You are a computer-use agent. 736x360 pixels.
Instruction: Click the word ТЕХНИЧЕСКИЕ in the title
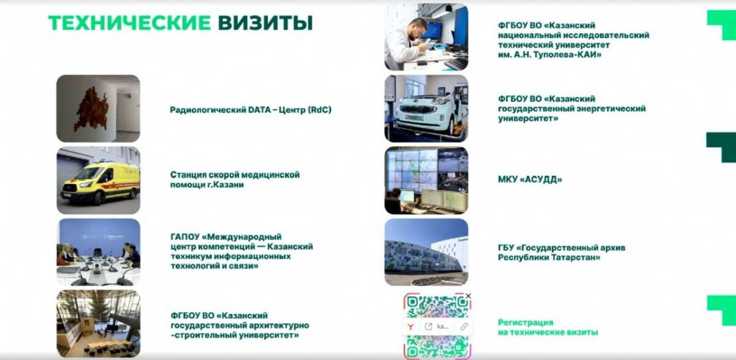pos(129,23)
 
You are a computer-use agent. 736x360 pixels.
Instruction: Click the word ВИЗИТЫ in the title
pos(265,23)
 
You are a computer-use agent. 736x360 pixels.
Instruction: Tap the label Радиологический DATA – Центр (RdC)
pos(250,110)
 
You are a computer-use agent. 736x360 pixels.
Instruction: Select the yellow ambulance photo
pos(98,180)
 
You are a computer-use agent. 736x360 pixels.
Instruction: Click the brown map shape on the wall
pos(91,109)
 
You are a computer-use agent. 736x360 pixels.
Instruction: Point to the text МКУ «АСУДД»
pos(530,179)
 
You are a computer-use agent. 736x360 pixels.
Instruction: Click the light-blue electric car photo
pos(426,109)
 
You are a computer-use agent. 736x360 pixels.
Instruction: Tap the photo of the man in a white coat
pos(426,37)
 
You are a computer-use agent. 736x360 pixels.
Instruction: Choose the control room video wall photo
pos(426,180)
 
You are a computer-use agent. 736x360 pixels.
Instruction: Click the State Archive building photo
pos(426,252)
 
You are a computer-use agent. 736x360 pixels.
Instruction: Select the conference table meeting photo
pos(98,252)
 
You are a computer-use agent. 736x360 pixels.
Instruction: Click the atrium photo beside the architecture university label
pos(98,324)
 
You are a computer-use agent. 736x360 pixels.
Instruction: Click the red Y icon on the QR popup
pos(411,326)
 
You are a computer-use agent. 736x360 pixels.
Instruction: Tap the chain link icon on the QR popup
pos(464,326)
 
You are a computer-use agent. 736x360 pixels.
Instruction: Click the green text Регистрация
pos(526,322)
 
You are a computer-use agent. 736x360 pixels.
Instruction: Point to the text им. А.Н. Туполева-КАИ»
pos(550,55)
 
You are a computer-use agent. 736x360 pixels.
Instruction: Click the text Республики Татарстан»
pos(549,257)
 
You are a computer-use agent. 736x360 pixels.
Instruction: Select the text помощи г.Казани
pos(207,185)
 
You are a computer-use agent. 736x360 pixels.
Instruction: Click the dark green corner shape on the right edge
pos(721,147)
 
